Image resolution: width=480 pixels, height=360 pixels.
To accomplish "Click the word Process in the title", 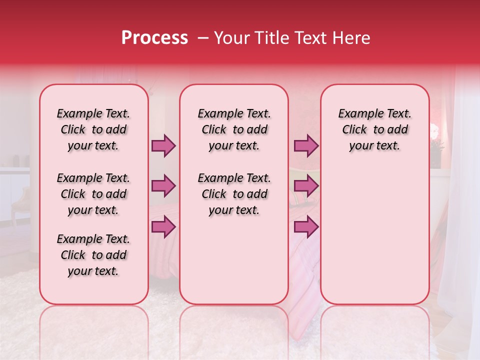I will coord(154,38).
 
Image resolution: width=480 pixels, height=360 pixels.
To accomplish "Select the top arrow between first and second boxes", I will coord(163,145).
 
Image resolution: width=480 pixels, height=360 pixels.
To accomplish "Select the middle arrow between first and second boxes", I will coord(163,186).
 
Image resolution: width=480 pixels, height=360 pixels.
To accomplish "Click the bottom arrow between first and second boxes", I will coord(163,227).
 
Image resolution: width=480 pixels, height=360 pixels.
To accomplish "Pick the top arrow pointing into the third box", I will coord(306,145).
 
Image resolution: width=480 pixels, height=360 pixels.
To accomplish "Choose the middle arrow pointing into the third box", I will coord(306,186).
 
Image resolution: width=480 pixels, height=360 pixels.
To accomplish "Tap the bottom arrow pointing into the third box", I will coord(306,227).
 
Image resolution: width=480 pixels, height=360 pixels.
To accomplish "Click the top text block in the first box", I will coord(93,129).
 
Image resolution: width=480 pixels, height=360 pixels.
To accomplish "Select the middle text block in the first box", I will coord(93,194).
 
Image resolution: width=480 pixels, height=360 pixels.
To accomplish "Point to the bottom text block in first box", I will coord(93,255).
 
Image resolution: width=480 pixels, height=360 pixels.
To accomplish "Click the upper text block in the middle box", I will coord(234,129).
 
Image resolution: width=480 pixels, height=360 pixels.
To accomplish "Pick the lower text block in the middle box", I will coord(234,194).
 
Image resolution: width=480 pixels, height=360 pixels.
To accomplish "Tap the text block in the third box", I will coord(375,129).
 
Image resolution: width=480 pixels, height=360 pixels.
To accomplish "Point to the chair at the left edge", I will coord(20,202).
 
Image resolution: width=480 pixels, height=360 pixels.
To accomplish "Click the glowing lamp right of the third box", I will coord(434,131).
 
